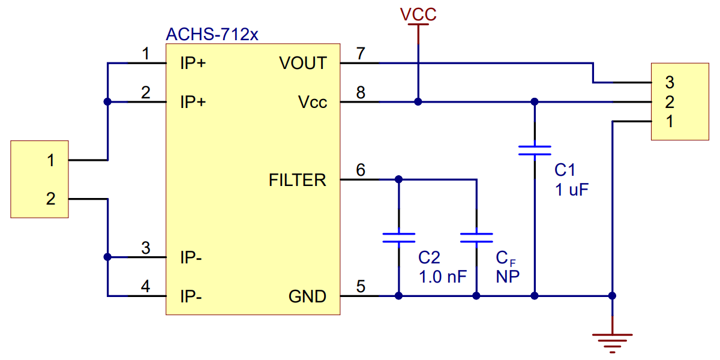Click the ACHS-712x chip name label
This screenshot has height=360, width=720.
coord(212,34)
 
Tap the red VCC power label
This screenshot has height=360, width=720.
coord(419,14)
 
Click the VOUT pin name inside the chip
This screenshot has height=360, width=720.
coord(303,63)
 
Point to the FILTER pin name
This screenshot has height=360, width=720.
coord(298,180)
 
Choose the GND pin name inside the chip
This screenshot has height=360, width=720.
coord(307,296)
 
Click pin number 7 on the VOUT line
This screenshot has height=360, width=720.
coord(361,53)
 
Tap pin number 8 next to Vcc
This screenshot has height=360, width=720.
coord(361,93)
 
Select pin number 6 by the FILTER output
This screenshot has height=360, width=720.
coord(361,170)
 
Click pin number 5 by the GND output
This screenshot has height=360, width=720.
coord(361,287)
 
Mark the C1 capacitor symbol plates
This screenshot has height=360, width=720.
coord(535,150)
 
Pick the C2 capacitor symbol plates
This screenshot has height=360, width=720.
coord(398,238)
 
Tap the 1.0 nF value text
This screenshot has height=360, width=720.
coord(442,277)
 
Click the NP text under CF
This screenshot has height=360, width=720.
coord(507,277)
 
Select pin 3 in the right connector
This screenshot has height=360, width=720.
coord(670,82)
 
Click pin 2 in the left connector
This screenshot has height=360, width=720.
coord(51,199)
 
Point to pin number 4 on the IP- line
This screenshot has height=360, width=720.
coord(145,287)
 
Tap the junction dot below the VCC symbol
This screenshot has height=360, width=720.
coord(418,102)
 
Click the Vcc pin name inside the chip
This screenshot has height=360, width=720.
coord(313,103)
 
